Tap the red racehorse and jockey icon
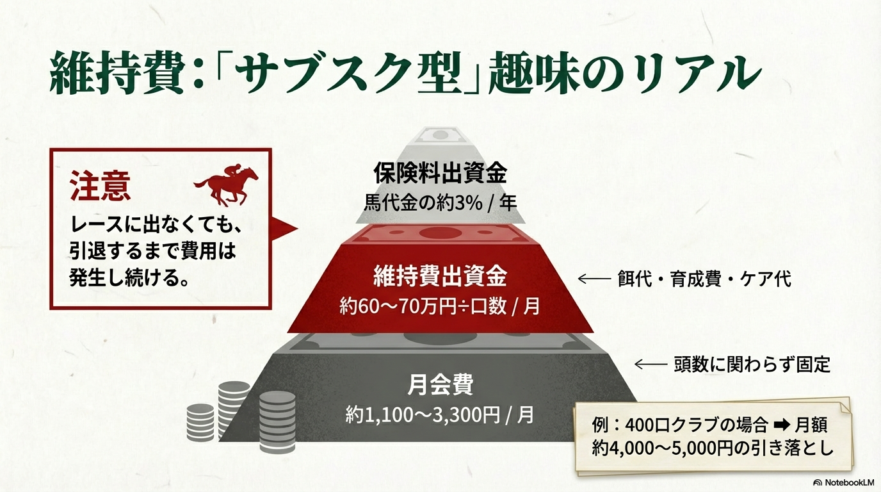pyautogui.click(x=225, y=186)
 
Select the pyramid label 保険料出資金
pyautogui.click(x=440, y=173)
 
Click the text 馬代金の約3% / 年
pyautogui.click(x=440, y=204)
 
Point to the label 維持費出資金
pyautogui.click(x=440, y=277)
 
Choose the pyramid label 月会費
pyautogui.click(x=440, y=384)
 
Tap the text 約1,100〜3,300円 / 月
pyautogui.click(x=440, y=414)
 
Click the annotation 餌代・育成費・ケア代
pyautogui.click(x=704, y=279)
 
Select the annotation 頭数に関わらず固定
pyautogui.click(x=752, y=365)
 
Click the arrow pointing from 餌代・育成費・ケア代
pyautogui.click(x=594, y=279)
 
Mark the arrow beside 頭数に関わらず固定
pyautogui.click(x=651, y=365)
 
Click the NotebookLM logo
pyautogui.click(x=843, y=482)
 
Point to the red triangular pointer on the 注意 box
pyautogui.click(x=285, y=228)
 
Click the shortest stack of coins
pyautogui.click(x=200, y=422)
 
